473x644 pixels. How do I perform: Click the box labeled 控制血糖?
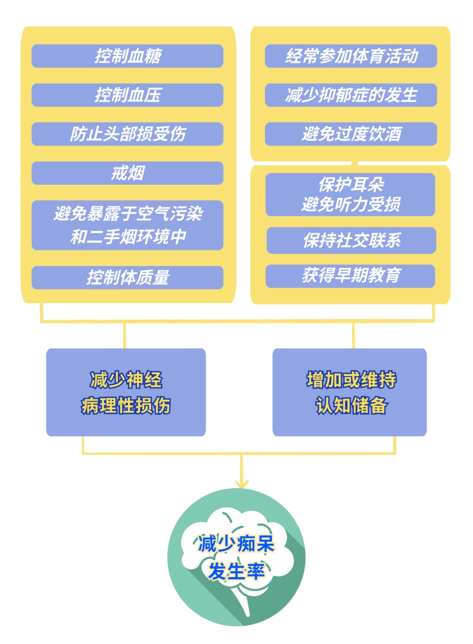tap(127, 56)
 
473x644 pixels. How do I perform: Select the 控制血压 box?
tap(127, 95)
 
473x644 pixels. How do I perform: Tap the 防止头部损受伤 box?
tap(127, 134)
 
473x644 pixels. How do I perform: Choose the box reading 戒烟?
tap(127, 173)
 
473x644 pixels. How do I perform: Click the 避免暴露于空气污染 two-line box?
tap(127, 225)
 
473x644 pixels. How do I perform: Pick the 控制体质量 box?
tap(127, 278)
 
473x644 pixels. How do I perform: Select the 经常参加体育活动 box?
tap(351, 56)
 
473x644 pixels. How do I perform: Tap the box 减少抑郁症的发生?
tap(351, 95)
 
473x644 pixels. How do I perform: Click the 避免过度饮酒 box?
tap(351, 134)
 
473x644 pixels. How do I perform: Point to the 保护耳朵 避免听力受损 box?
tap(350, 194)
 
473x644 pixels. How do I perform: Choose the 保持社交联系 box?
tap(351, 240)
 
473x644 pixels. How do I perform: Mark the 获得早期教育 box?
tap(350, 276)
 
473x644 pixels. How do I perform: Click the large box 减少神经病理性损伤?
tap(126, 392)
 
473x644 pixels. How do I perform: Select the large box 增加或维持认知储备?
tap(349, 392)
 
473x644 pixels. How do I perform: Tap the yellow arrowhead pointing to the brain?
tap(241, 483)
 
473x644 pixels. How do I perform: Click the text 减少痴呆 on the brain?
tap(236, 544)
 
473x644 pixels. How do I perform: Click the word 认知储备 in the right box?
tap(351, 405)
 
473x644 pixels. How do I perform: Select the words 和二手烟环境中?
tap(128, 237)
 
